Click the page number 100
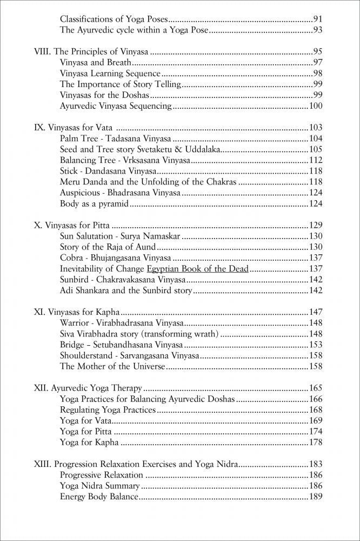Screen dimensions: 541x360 click(x=315, y=106)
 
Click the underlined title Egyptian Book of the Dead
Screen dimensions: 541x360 click(x=198, y=269)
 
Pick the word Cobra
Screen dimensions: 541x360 click(x=71, y=258)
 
